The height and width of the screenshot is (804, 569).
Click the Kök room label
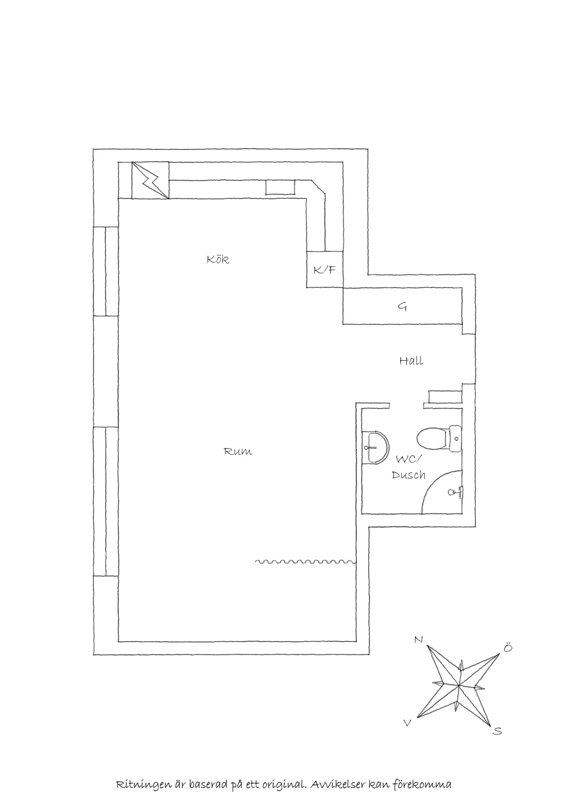(218, 259)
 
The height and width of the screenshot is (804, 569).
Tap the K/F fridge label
(325, 269)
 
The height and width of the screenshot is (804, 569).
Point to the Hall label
(411, 361)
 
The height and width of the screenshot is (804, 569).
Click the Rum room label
(238, 451)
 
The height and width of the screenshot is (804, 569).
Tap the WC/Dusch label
(409, 467)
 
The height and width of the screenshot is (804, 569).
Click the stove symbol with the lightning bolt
(150, 180)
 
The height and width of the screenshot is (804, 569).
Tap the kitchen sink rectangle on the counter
(280, 187)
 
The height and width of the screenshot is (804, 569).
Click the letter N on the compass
(418, 640)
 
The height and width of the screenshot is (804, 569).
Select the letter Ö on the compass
(508, 647)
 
